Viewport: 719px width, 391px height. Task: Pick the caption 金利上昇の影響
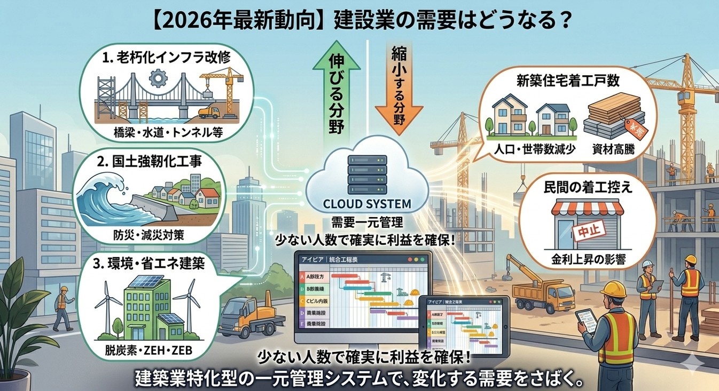coord(588,261)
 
